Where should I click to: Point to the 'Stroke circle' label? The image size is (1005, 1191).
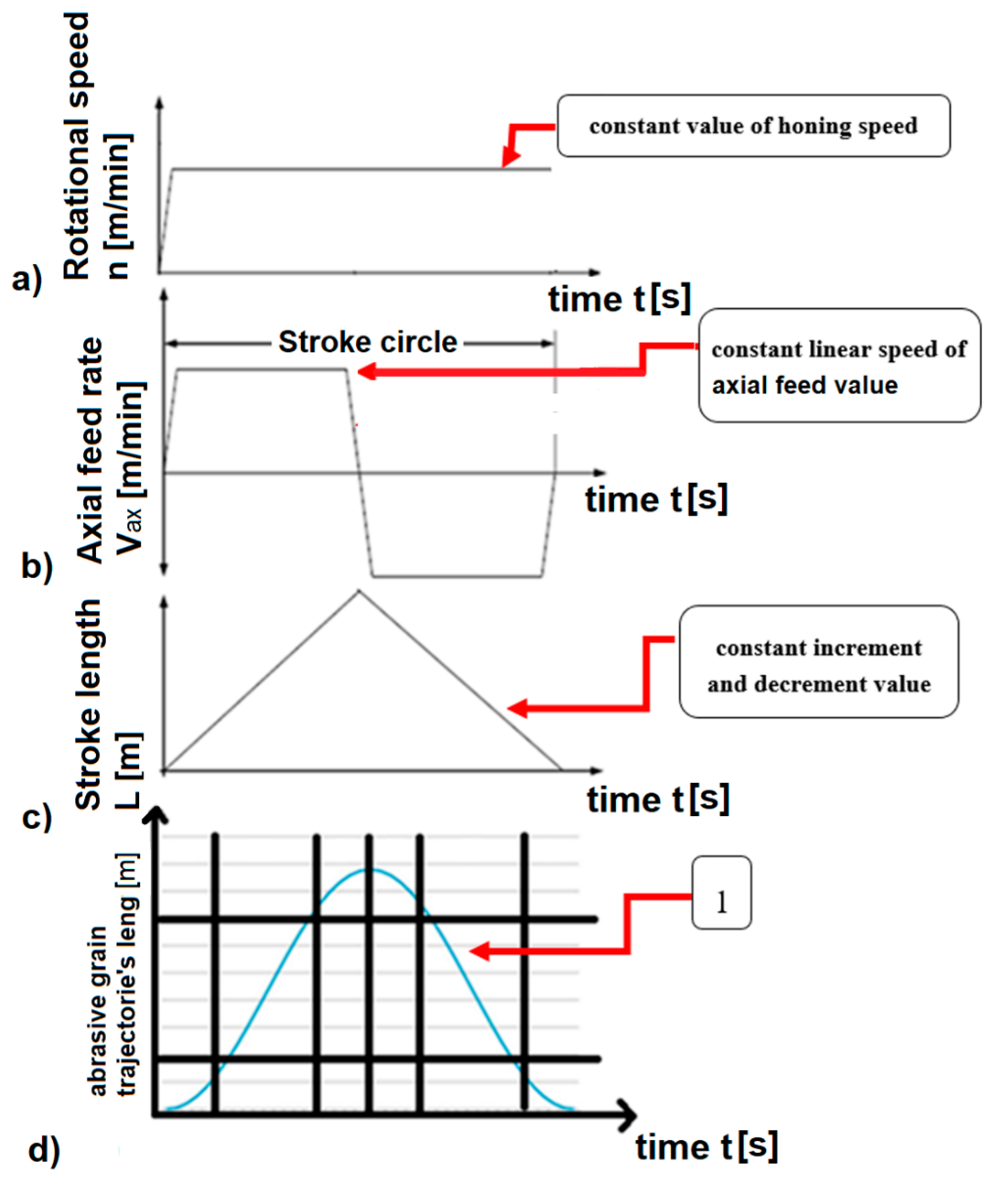point(367,342)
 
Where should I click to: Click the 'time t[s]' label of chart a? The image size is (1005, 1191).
point(619,298)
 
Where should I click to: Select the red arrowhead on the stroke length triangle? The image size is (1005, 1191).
point(516,708)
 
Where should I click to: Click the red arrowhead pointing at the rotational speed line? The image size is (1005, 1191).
point(509,160)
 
